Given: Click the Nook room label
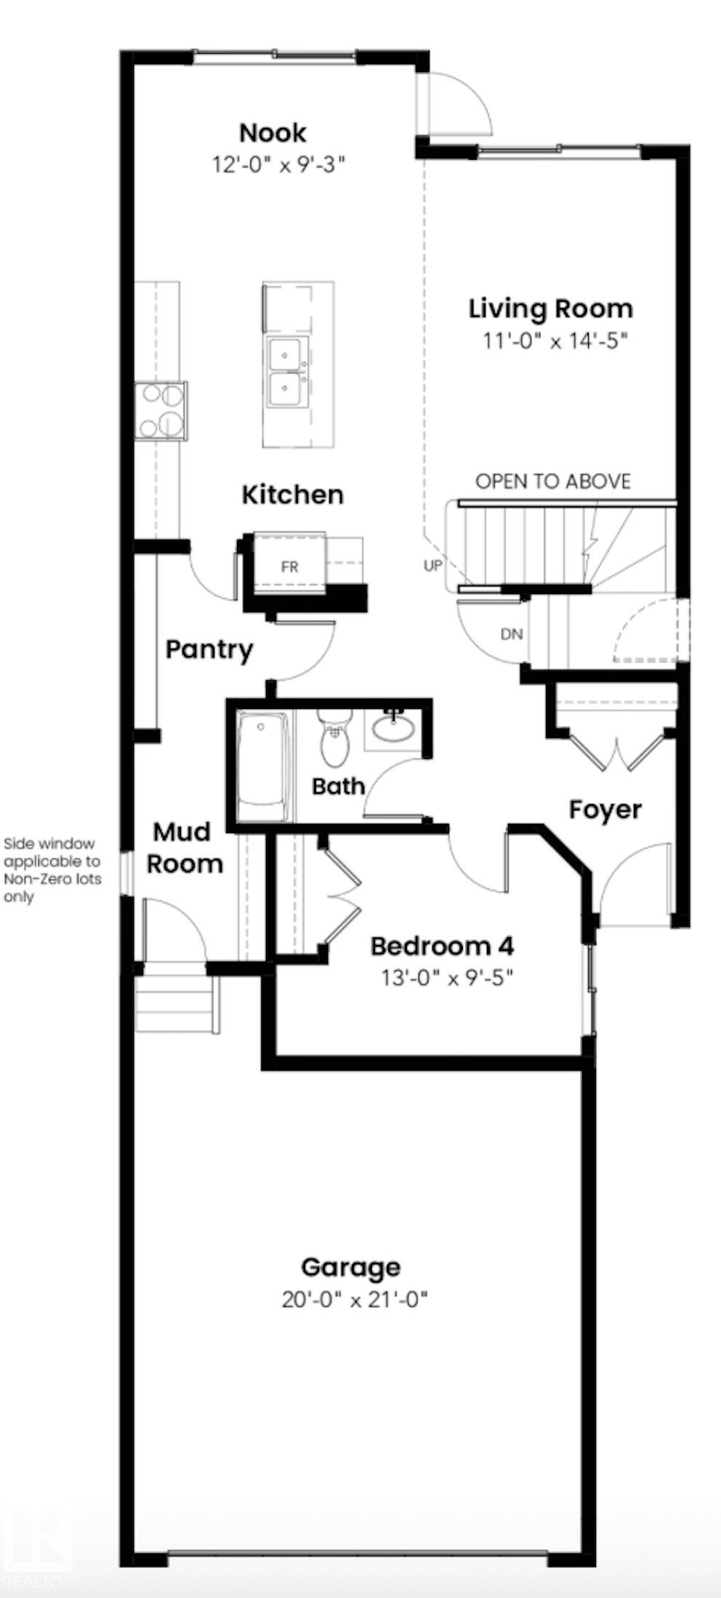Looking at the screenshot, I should tap(273, 133).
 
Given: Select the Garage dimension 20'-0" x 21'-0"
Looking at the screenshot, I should tap(354, 1299).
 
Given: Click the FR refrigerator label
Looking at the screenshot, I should tap(289, 567).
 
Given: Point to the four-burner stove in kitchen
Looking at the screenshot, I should tap(161, 410).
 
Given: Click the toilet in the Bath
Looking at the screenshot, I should tap(334, 739).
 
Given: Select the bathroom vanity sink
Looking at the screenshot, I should tap(393, 727).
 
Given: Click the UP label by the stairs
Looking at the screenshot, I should tap(432, 564).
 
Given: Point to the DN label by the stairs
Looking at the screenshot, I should tap(512, 634).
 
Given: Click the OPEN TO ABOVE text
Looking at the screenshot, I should tap(552, 482).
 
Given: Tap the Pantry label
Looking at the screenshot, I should tap(209, 649).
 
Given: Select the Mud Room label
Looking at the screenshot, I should tap(184, 848).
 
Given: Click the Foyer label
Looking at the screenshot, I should tap(605, 809).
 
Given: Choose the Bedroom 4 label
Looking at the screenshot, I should tap(442, 946).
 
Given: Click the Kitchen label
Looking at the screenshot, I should tap(292, 495).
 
